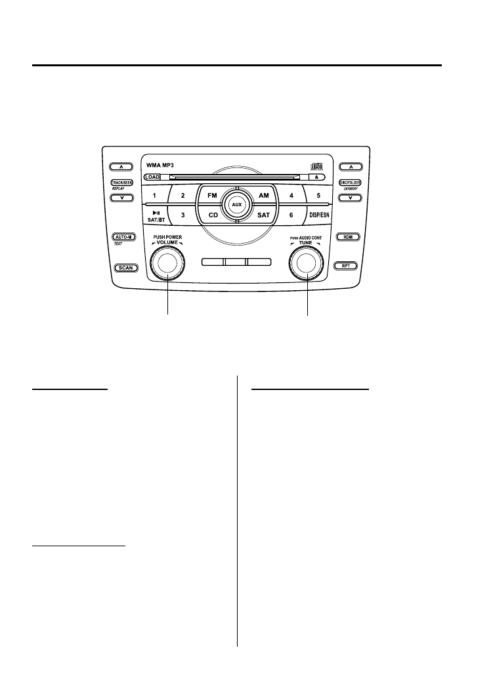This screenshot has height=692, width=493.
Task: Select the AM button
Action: pyautogui.click(x=263, y=196)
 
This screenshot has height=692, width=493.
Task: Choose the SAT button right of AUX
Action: pyautogui.click(x=263, y=215)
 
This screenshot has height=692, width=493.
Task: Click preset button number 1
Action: pyautogui.click(x=154, y=196)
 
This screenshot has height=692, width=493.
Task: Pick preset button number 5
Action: pyautogui.click(x=318, y=196)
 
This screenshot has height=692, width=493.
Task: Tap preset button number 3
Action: pyautogui.click(x=183, y=215)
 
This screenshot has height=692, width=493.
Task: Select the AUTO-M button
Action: pyautogui.click(x=123, y=236)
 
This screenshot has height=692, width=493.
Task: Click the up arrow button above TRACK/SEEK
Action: pyautogui.click(x=123, y=167)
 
